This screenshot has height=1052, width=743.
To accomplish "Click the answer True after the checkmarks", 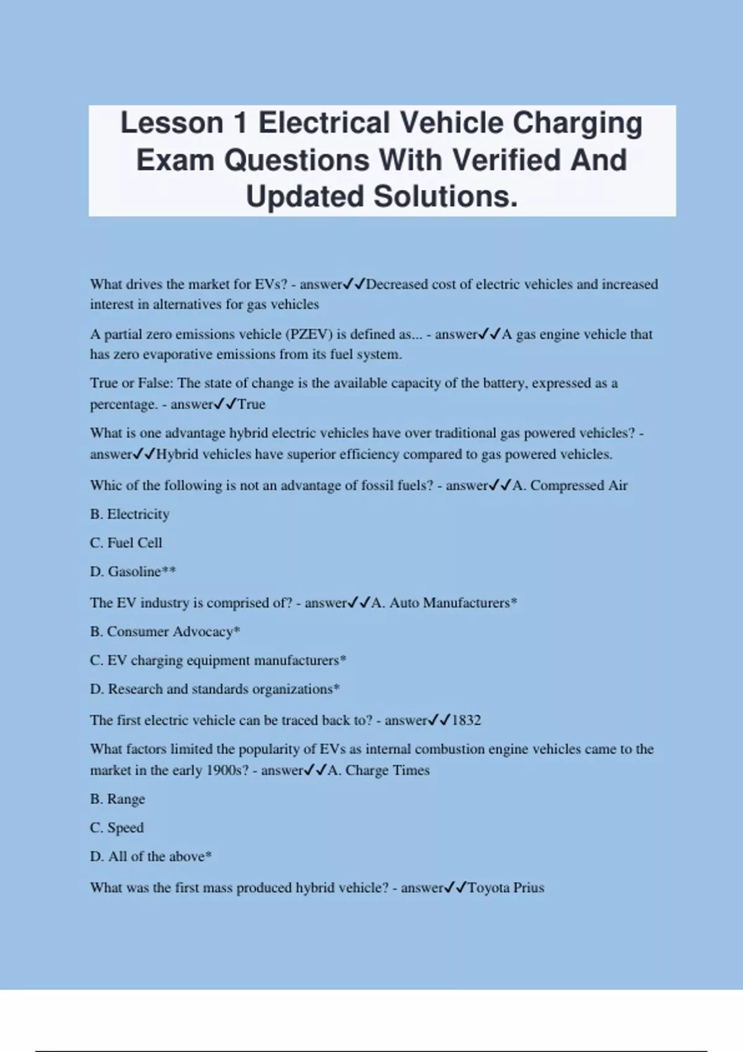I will pos(251,404).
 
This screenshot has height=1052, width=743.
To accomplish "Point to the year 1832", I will pos(466,720).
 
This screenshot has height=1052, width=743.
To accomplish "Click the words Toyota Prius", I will pos(506,887).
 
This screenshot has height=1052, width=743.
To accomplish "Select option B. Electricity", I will pos(129,514).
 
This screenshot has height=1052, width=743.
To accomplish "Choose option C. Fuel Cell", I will pos(126,543).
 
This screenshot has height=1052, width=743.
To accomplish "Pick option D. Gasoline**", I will pos(133,571).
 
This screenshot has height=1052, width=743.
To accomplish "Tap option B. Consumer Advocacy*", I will pos(165,631).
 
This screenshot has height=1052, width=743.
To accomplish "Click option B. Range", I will pos(117,799).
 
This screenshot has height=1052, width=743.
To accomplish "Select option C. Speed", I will pos(116,827).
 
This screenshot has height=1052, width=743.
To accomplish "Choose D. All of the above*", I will pos(150,856).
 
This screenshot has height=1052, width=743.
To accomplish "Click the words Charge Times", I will pos(388,770).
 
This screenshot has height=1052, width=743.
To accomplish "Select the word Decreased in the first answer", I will pos(396,284).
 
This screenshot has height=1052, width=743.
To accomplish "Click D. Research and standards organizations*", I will pos(215,689).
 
